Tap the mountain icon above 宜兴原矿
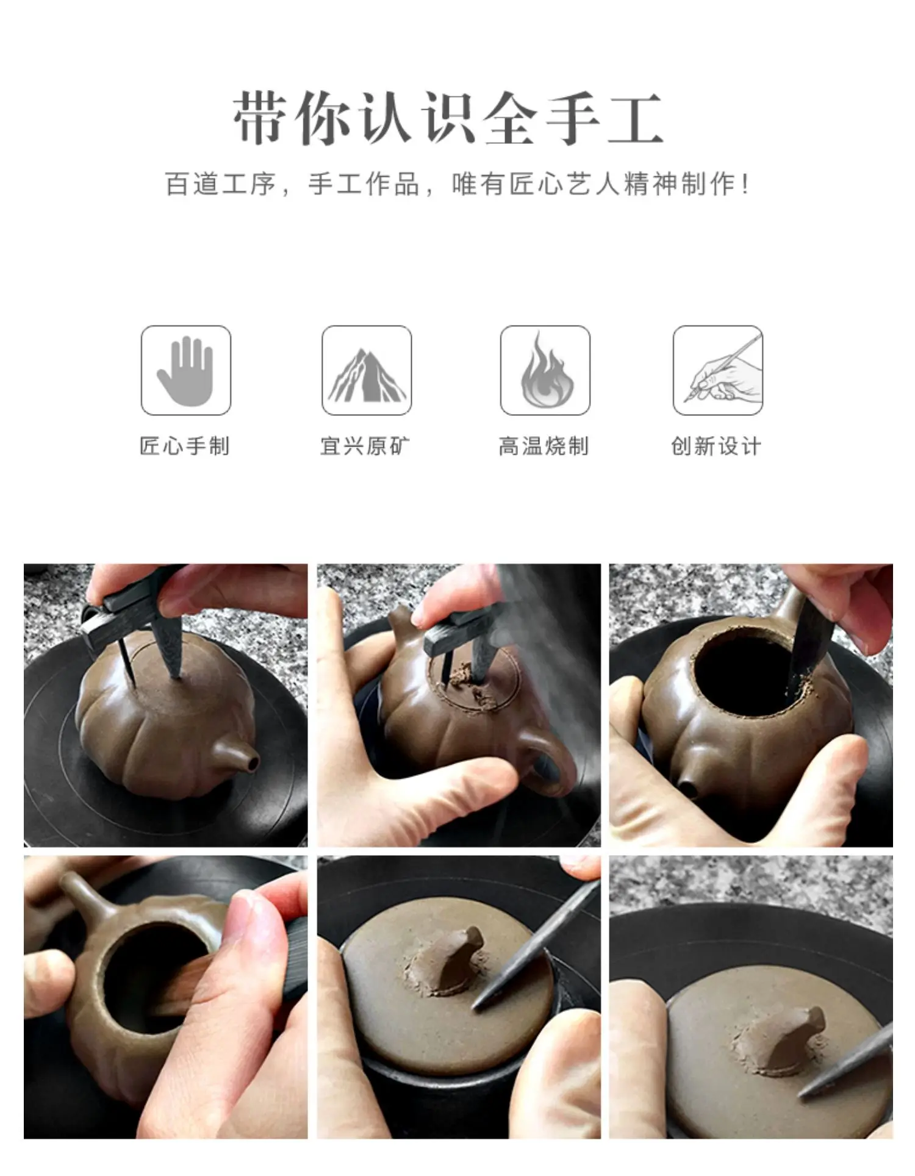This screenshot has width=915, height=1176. [367, 375]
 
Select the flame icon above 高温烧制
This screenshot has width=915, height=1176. [546, 370]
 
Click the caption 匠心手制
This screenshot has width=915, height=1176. [185, 446]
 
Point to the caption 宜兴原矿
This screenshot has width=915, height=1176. [366, 446]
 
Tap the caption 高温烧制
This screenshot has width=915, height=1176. [544, 446]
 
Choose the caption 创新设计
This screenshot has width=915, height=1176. [717, 446]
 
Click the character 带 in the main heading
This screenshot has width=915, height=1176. [259, 118]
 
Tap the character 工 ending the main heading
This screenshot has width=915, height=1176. [635, 118]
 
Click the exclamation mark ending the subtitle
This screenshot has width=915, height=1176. [746, 184]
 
